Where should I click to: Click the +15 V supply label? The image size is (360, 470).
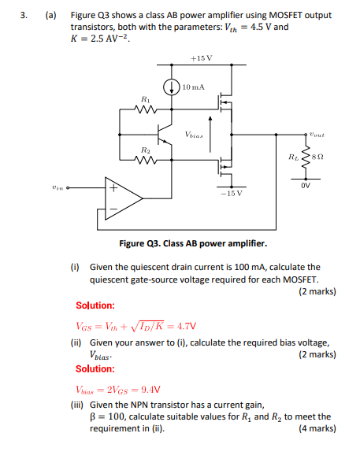(x=201, y=58)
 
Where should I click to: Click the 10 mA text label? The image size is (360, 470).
(x=193, y=87)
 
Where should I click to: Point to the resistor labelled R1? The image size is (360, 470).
(x=145, y=109)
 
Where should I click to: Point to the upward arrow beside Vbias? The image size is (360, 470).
(x=211, y=130)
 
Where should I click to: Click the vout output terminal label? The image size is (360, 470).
(x=317, y=134)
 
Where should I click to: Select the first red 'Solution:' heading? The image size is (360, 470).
(x=95, y=305)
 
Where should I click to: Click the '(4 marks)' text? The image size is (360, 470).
(x=317, y=429)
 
